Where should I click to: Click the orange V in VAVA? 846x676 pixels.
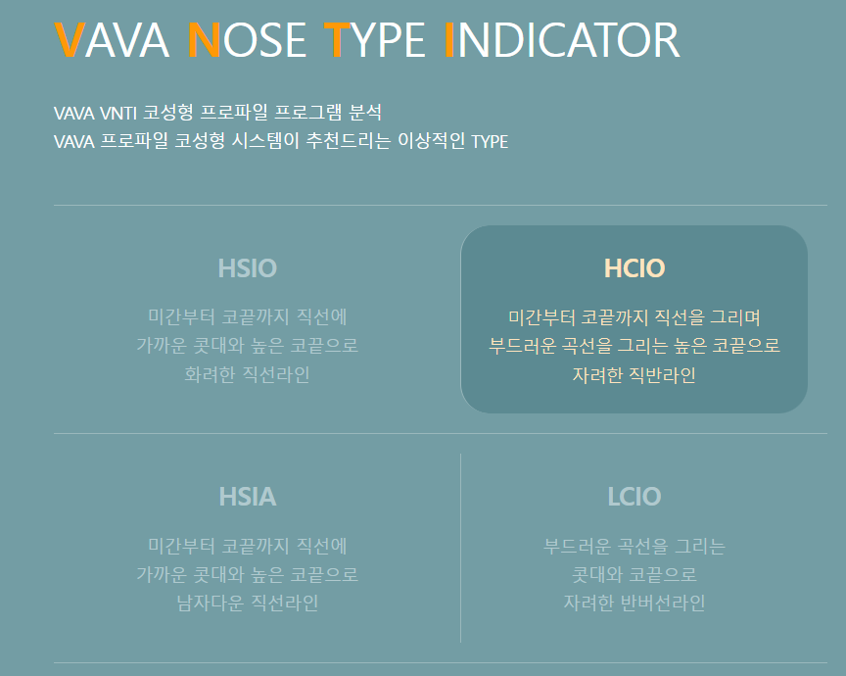click(x=69, y=40)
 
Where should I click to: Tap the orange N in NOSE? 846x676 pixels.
click(x=203, y=40)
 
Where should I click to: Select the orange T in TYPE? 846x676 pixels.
click(x=336, y=40)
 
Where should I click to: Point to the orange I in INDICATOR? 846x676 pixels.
click(x=449, y=40)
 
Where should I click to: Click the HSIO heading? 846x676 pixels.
click(x=247, y=268)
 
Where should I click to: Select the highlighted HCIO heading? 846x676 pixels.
click(x=634, y=268)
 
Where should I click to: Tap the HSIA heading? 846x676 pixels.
click(x=247, y=497)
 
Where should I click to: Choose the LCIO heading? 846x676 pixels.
click(x=634, y=497)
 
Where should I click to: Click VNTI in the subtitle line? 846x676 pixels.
click(x=118, y=113)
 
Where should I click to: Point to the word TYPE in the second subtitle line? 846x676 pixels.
click(x=490, y=141)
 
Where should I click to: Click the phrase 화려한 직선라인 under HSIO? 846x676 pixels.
click(x=247, y=374)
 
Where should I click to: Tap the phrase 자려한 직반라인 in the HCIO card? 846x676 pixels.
click(x=634, y=374)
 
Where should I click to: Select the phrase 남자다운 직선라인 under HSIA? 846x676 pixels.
click(x=247, y=603)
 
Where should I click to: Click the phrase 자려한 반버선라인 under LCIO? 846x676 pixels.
click(x=634, y=603)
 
